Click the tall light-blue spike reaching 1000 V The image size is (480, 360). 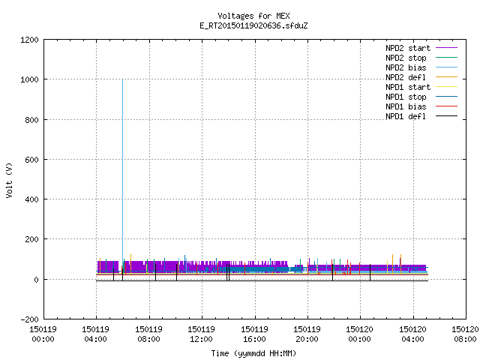122,172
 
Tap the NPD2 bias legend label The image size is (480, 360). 406,67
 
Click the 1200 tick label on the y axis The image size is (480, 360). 29,40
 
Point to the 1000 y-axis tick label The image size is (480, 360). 29,79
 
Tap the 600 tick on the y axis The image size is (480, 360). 31,160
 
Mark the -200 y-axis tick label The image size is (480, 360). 29,319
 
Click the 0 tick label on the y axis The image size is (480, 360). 37,280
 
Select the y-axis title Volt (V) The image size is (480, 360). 9,180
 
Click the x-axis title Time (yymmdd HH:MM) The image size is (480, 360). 253,353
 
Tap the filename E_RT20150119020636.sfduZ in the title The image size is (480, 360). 253,25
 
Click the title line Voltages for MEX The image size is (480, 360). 253,16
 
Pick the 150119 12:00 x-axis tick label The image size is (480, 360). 201,334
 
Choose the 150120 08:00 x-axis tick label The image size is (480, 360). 465,334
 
